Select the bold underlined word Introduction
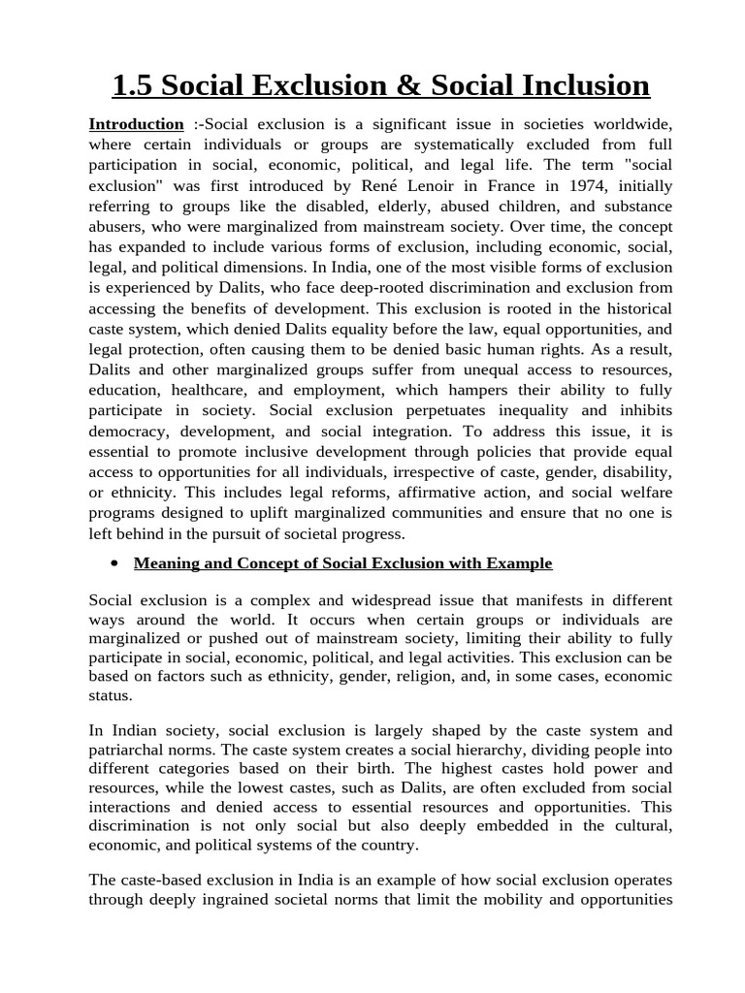[136, 124]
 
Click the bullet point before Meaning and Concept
[114, 564]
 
